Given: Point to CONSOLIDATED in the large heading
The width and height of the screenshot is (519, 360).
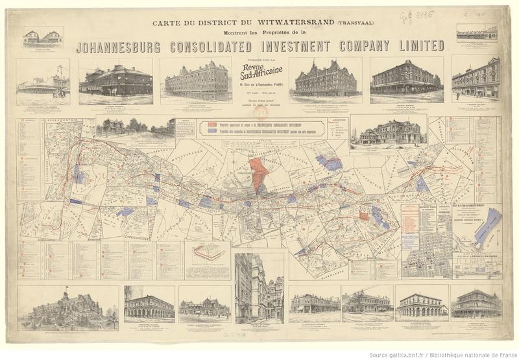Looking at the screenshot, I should click(224, 47).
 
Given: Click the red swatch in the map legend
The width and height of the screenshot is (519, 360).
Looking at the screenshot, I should click(213, 123).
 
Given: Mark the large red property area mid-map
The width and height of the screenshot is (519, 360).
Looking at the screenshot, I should click(260, 172).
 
